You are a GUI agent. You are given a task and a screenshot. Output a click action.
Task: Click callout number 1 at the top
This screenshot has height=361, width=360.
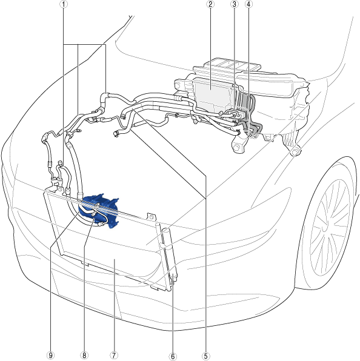[x=64, y=4]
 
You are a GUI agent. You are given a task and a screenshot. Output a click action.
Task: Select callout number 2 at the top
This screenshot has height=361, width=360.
[x=210, y=4]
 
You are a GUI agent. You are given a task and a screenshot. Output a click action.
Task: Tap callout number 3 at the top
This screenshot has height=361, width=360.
[x=235, y=4]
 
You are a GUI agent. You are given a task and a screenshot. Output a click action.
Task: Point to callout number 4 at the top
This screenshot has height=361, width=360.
[x=248, y=4]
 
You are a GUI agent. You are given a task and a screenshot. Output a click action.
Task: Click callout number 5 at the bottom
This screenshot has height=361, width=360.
[x=206, y=356]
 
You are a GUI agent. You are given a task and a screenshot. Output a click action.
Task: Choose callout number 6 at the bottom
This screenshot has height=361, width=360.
[x=173, y=356]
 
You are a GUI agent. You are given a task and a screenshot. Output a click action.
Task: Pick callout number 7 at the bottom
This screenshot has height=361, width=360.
[x=114, y=355]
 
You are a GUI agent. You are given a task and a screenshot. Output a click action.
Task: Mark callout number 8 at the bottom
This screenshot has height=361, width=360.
[x=84, y=355]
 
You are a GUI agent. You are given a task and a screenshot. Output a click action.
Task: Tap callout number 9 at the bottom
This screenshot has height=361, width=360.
[x=50, y=355]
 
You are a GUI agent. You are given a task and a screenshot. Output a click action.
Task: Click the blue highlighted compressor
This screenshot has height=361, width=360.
[x=99, y=211]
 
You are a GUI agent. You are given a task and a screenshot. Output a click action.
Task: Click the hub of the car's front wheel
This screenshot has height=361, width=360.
[x=324, y=228]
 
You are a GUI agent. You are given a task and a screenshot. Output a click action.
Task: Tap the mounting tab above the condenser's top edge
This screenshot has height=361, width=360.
[x=152, y=217]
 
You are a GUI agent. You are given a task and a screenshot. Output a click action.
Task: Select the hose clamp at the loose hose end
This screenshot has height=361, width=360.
[x=116, y=133]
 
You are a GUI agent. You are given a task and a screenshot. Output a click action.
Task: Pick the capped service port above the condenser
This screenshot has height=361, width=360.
[x=61, y=163]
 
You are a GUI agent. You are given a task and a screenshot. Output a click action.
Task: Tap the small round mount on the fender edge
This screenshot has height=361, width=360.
[x=295, y=152]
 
